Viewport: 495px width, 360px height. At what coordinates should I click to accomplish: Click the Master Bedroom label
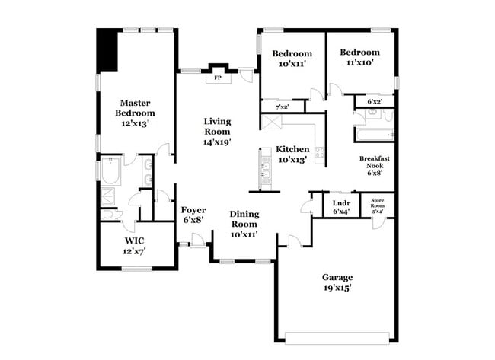tap(135, 112)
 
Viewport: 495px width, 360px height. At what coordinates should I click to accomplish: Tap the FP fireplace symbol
tap(217, 77)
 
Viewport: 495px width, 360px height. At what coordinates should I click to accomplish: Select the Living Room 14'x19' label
tap(217, 131)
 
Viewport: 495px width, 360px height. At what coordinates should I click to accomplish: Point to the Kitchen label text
tap(292, 155)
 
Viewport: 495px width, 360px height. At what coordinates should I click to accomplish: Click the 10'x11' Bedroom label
tap(292, 59)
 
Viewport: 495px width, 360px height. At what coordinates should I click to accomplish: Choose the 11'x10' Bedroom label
tap(359, 57)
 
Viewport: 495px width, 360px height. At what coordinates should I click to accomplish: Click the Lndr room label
tap(341, 206)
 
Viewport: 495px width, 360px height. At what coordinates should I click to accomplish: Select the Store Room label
tap(378, 206)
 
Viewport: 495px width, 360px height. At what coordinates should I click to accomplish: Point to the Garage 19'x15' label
tap(337, 282)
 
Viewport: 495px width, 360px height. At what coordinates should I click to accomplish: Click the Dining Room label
tap(244, 224)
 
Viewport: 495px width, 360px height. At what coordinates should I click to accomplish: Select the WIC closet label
tap(135, 245)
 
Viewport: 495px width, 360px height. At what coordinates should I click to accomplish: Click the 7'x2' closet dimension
tap(282, 107)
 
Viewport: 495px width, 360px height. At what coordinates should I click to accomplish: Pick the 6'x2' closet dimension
tap(375, 101)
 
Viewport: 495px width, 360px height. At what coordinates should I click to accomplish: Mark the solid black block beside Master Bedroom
tap(107, 50)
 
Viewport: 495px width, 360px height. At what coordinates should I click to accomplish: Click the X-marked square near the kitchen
tap(272, 122)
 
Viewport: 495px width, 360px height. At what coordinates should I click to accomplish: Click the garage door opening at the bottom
tap(337, 336)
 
